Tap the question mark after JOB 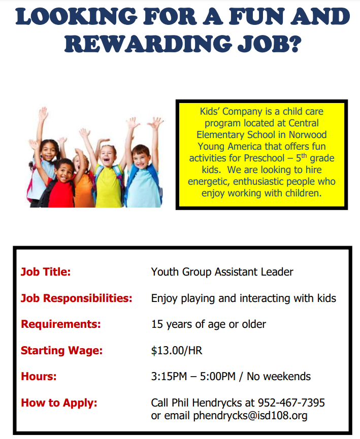(x=294, y=44)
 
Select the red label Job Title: (x=46, y=272)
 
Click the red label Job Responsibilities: (x=77, y=298)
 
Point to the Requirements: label (x=61, y=324)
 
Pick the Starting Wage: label (x=62, y=351)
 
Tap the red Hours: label (x=39, y=377)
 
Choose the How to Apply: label (x=59, y=403)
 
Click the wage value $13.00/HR (x=177, y=351)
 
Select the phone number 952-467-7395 (x=291, y=403)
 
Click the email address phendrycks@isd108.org (x=250, y=416)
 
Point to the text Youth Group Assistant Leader (x=222, y=272)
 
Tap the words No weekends (x=279, y=377)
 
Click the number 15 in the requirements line (x=157, y=324)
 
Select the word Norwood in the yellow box (x=308, y=134)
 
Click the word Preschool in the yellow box (x=264, y=158)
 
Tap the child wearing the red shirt (x=61, y=183)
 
